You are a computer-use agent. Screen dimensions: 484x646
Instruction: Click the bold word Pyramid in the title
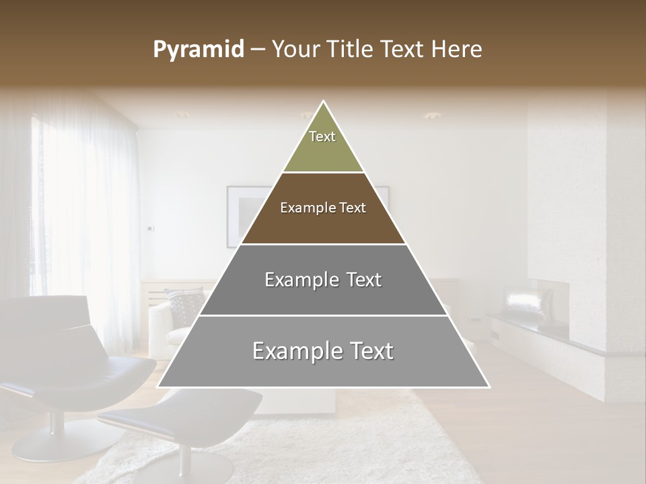(199, 50)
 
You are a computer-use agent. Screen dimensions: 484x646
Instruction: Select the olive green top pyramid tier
(323, 145)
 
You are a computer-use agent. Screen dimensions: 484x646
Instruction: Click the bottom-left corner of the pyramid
(158, 387)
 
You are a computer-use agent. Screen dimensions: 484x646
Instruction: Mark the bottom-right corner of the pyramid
(489, 387)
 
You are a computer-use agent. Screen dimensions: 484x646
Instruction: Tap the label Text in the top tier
(322, 136)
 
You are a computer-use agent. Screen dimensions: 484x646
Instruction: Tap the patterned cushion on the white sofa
(185, 306)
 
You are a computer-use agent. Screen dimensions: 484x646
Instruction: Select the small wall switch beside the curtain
(150, 228)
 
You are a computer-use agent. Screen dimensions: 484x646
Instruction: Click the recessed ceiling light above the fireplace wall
(431, 116)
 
